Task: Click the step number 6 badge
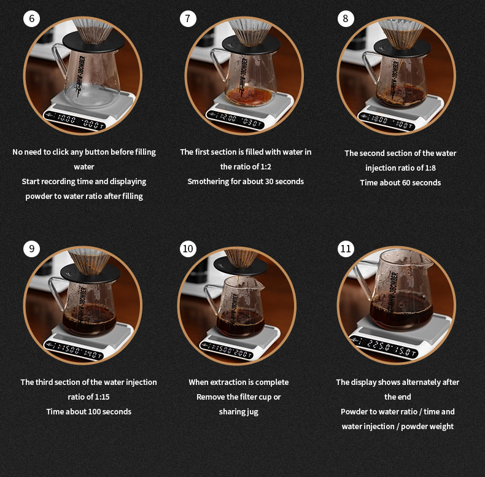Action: click(31, 18)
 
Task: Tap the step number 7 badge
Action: click(188, 18)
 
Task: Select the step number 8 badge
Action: click(346, 18)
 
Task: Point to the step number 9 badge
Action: click(31, 249)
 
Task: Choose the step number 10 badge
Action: click(188, 249)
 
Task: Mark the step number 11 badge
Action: click(346, 249)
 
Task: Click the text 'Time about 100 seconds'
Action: click(88, 411)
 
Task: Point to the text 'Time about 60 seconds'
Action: click(400, 182)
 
